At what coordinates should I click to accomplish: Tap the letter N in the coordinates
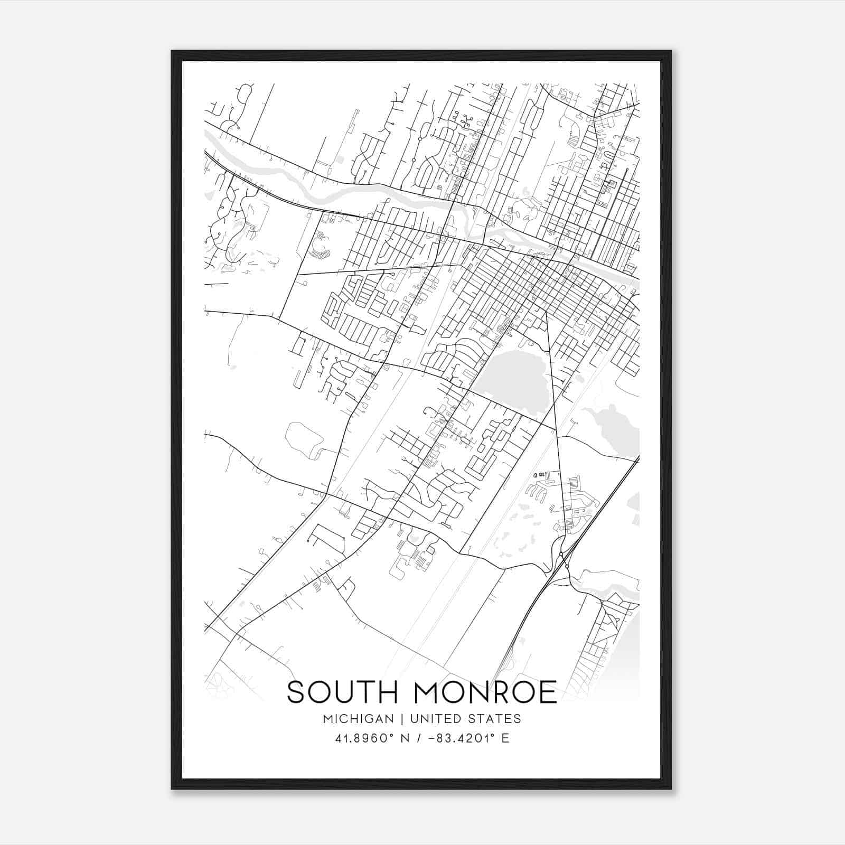click(x=405, y=738)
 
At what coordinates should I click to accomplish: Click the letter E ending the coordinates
click(x=505, y=738)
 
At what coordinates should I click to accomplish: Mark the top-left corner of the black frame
click(x=172, y=52)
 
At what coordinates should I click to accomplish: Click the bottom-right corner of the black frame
click(x=671, y=788)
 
